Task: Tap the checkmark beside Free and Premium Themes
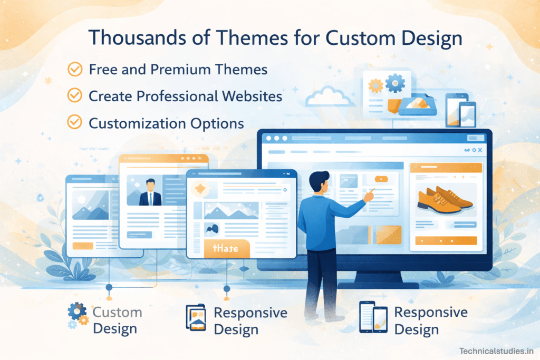pyautogui.click(x=75, y=69)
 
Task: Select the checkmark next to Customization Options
pyautogui.click(x=75, y=123)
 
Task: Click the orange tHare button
pyautogui.click(x=225, y=248)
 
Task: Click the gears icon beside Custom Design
pyautogui.click(x=78, y=316)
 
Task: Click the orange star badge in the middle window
pyautogui.click(x=200, y=188)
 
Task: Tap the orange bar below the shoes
pyautogui.click(x=446, y=240)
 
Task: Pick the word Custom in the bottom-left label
pyautogui.click(x=117, y=312)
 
